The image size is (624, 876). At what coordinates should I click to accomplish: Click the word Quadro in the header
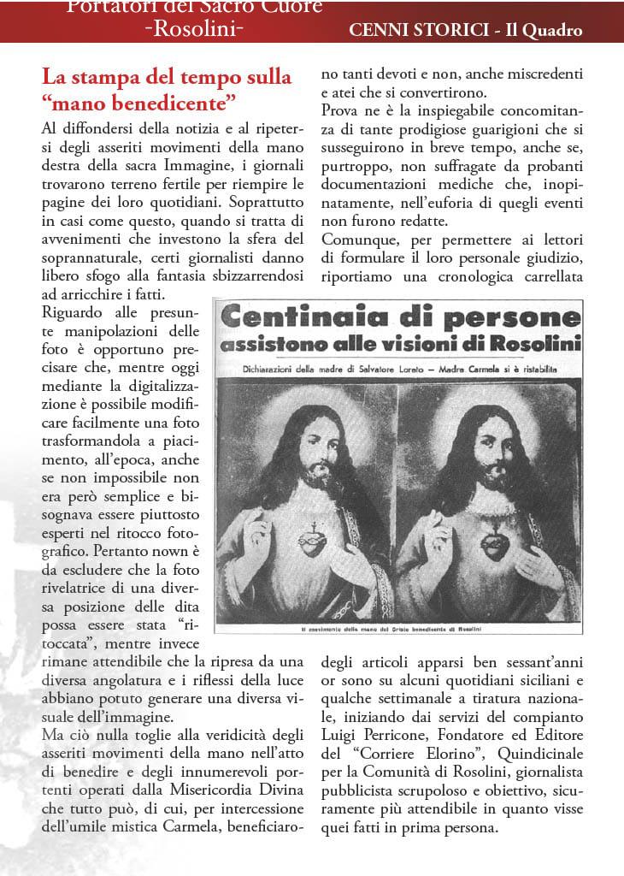550,30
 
